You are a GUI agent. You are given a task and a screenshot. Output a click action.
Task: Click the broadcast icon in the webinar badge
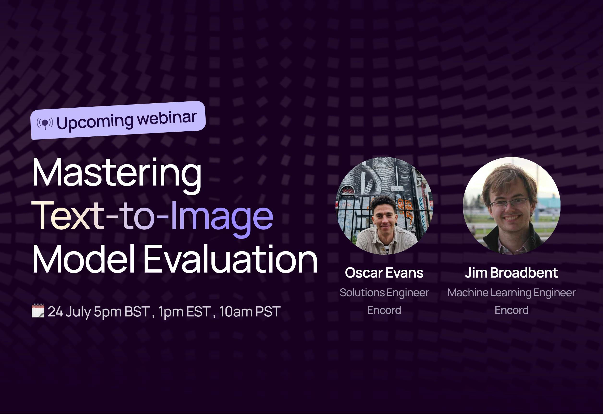click(45, 123)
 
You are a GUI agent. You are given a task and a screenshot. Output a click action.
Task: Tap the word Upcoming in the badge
click(95, 122)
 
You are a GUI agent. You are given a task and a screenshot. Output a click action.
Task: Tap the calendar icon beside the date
click(38, 311)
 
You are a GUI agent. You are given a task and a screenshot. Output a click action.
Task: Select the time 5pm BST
click(122, 312)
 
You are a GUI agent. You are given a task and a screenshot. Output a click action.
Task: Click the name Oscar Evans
click(384, 273)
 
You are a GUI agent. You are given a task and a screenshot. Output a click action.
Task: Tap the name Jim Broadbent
click(511, 273)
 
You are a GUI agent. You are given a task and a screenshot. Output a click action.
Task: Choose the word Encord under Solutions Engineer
click(384, 310)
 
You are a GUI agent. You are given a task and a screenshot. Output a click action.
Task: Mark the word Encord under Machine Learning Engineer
click(512, 310)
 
